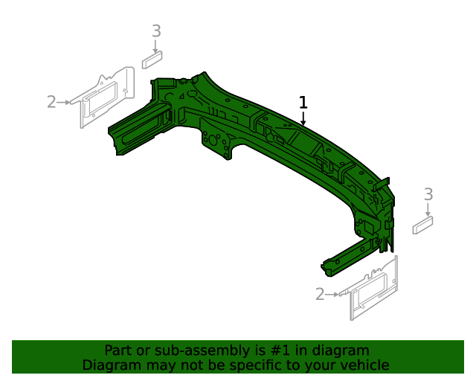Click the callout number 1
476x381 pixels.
click(x=303, y=102)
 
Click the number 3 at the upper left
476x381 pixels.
click(x=156, y=31)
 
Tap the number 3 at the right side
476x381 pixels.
click(x=428, y=194)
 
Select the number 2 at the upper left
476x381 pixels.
click(x=51, y=102)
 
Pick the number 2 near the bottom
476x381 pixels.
click(x=320, y=295)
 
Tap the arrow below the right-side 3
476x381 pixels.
click(x=428, y=209)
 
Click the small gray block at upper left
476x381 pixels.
click(x=153, y=59)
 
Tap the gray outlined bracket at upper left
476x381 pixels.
click(x=106, y=97)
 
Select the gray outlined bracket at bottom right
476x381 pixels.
click(x=374, y=289)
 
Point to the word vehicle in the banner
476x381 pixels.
click(x=364, y=365)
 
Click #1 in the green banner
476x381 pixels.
click(x=275, y=350)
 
